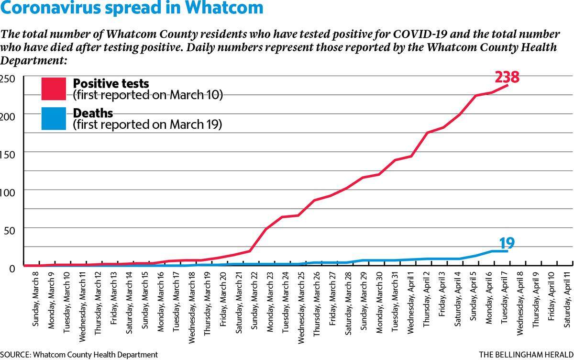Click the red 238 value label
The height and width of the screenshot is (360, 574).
tap(507, 77)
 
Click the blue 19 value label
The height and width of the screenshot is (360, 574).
tap(507, 243)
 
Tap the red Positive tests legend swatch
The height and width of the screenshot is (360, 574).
tap(54, 89)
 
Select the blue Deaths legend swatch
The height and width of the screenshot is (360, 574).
tap(54, 118)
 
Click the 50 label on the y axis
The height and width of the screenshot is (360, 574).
tap(10, 231)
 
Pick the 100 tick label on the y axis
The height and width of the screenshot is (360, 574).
tap(8, 193)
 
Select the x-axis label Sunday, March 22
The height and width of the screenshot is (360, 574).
tap(254, 301)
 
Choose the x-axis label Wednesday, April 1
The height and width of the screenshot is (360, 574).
tap(410, 303)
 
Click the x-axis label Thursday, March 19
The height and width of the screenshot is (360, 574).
tap(207, 304)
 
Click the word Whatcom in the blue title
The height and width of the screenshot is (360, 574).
tap(224, 8)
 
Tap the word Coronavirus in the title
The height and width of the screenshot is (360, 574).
tap(51, 8)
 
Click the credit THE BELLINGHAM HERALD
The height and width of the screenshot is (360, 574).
tap(526, 355)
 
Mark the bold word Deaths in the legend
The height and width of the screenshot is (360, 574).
tap(93, 113)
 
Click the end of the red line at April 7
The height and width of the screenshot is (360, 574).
tap(508, 85)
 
